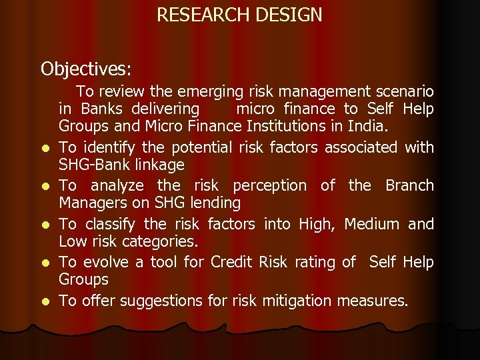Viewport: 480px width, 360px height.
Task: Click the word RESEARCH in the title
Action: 199,15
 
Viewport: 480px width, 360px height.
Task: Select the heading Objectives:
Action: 87,69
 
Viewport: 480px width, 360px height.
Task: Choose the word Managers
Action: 87,202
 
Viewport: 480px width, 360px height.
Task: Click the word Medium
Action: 371,224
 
